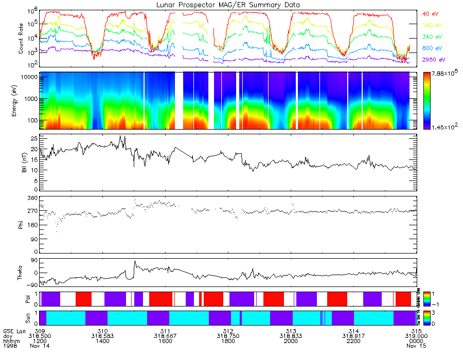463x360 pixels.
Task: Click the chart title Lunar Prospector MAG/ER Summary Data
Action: pos(228,5)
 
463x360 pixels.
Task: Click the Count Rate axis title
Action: pos(21,39)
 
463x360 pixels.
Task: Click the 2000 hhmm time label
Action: pos(291,341)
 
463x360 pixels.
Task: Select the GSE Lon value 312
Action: pos(228,331)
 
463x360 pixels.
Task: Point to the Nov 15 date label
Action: pos(417,346)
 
